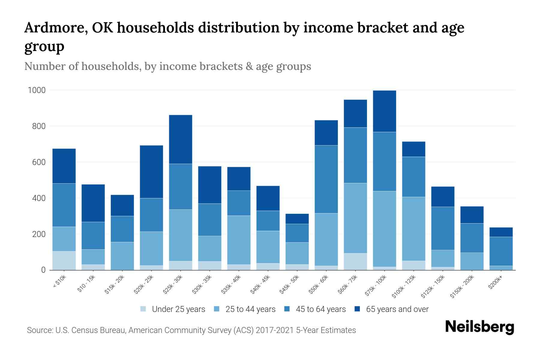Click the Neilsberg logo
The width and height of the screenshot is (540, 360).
[x=479, y=327]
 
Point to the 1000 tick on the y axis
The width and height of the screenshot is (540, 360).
[x=37, y=90]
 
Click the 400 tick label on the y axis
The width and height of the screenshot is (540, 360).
[x=39, y=198]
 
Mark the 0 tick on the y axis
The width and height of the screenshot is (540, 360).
[x=43, y=270]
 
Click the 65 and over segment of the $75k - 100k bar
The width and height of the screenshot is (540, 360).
[x=384, y=111]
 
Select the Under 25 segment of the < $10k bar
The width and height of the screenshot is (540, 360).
[x=64, y=260]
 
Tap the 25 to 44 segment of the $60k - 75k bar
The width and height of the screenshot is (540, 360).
[x=355, y=218]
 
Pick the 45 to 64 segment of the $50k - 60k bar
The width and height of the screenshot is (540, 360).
[x=326, y=179]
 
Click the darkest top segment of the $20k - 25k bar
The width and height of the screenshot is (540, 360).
[x=151, y=172]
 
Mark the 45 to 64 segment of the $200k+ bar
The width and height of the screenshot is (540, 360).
[x=501, y=251]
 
